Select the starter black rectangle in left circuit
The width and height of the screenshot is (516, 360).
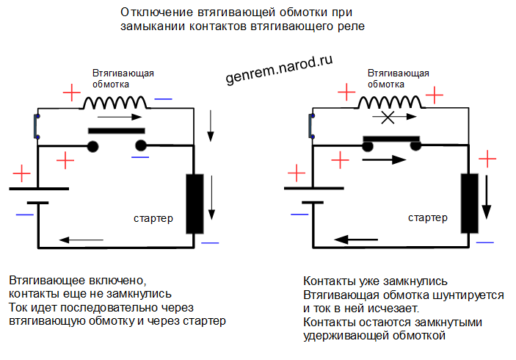click(195, 204)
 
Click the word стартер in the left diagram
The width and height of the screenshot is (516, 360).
click(153, 219)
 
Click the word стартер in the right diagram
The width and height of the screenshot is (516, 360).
click(428, 219)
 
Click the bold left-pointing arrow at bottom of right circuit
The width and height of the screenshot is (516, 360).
click(356, 239)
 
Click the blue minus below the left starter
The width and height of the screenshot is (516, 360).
click(210, 242)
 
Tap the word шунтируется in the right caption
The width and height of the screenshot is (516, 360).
click(470, 295)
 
